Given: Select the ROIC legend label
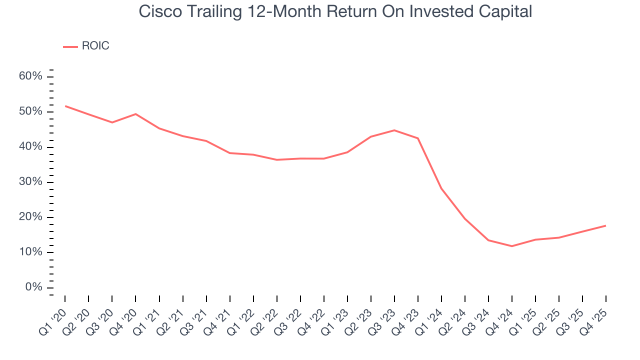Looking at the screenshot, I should coord(95,46).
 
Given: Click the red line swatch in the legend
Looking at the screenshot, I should coord(70,46).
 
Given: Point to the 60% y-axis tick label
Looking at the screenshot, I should coord(31,76).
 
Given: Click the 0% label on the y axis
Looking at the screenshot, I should coord(33,287).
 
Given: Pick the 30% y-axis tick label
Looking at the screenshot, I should coord(31,182).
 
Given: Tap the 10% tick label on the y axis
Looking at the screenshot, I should coord(31,252).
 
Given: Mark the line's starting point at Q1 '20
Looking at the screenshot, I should coord(65,106).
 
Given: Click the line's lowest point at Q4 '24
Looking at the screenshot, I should coord(512,246).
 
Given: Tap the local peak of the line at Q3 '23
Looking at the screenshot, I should coord(394,130).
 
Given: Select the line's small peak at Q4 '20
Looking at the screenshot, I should coord(135,114).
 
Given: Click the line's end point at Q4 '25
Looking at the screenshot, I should coord(605,225).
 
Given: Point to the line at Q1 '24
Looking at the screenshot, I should coord(441,188).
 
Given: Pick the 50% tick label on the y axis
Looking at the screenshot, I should coord(31,111).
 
